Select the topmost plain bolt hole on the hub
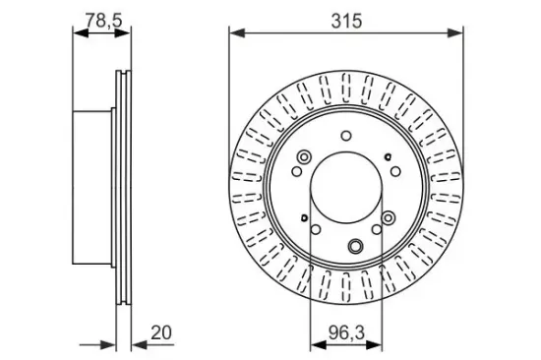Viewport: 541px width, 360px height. [345, 137]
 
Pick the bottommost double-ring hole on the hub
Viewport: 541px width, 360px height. [356, 246]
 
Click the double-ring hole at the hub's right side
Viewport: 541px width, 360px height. [390, 217]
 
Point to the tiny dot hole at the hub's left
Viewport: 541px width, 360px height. [305, 218]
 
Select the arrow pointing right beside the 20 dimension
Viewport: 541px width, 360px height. [110, 344]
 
